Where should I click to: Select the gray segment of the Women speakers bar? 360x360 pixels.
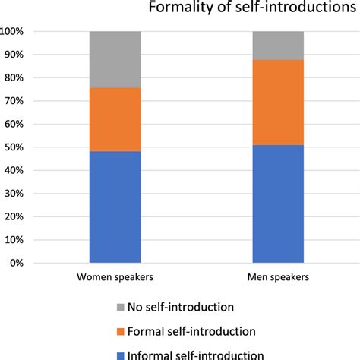click(x=115, y=60)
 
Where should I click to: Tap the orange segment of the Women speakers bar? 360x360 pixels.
click(x=115, y=120)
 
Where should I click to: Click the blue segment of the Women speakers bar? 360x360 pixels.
click(x=115, y=207)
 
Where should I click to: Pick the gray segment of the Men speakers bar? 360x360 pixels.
click(x=278, y=46)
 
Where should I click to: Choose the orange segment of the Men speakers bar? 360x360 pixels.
click(x=278, y=103)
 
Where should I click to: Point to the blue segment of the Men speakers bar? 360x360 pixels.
click(x=278, y=204)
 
